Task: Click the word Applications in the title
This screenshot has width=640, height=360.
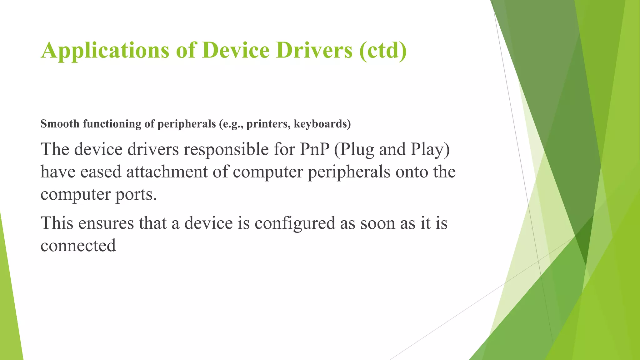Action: pos(105,51)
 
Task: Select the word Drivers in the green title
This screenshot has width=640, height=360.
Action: pos(314,50)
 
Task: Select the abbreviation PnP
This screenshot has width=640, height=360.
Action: pos(315,149)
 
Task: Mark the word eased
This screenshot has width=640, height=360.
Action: pos(101,172)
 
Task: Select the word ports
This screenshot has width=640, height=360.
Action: pos(136,195)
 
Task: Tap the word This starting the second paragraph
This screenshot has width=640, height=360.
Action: pos(57,223)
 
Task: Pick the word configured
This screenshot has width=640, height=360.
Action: pos(295,223)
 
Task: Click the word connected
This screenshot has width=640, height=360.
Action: pos(78,246)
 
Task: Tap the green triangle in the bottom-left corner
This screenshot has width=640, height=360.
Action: pos(9,312)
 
